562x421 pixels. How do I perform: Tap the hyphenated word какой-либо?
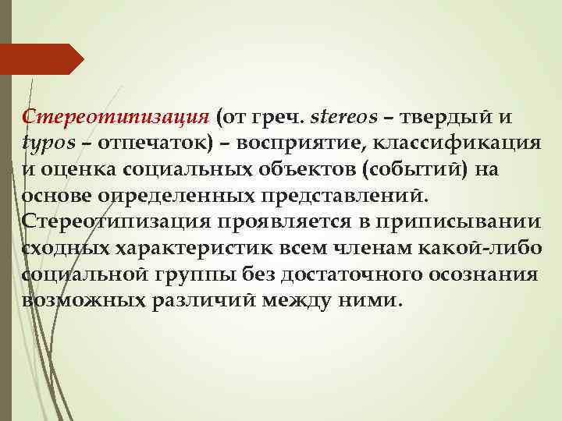pyautogui.click(x=489, y=248)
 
